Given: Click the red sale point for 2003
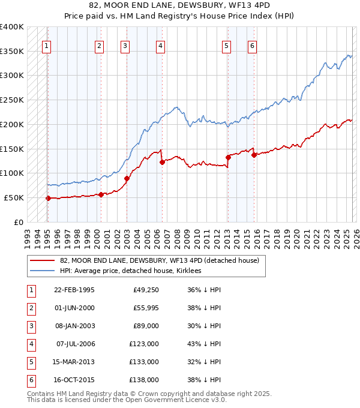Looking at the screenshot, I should coord(127,178).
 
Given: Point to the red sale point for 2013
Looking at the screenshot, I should coord(228,157).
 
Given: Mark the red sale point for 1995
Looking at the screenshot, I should coord(48,198).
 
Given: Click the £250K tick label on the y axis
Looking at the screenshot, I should coord(12,100).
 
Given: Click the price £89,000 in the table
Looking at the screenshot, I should coord(146,326).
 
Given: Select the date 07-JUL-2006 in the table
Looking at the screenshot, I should coord(75,344).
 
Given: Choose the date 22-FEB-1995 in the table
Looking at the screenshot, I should coord(74,290).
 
